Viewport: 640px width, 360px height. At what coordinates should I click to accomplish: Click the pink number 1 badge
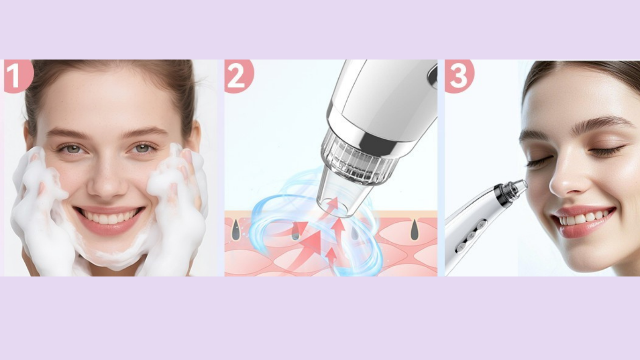pos(18,75)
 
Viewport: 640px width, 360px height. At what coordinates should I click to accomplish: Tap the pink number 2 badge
pos(238,75)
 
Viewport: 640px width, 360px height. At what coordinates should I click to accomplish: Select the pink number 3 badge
pos(459,75)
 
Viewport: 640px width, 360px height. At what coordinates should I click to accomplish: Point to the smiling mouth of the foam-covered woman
pos(109,219)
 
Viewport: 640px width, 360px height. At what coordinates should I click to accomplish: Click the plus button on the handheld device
pos(482,226)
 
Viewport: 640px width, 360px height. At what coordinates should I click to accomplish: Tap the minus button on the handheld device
pos(461,247)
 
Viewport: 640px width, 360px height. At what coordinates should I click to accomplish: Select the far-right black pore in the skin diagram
pos(415,230)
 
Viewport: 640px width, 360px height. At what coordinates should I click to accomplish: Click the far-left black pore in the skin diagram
pos(235,230)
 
